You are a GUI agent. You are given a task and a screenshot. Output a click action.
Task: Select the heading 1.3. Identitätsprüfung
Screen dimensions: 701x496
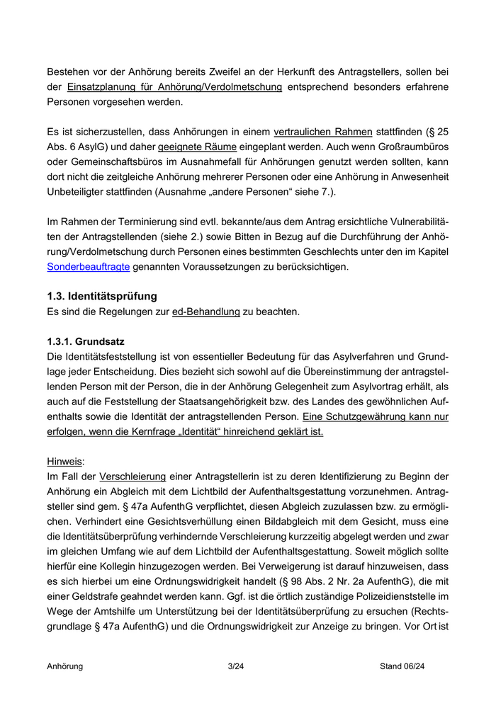pos(102,296)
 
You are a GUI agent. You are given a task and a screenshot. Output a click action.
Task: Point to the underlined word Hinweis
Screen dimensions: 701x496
pos(63,460)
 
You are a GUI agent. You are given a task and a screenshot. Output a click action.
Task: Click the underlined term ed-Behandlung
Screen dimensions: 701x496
pos(206,311)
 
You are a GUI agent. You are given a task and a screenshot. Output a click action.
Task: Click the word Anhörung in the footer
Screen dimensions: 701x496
pos(65,666)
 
